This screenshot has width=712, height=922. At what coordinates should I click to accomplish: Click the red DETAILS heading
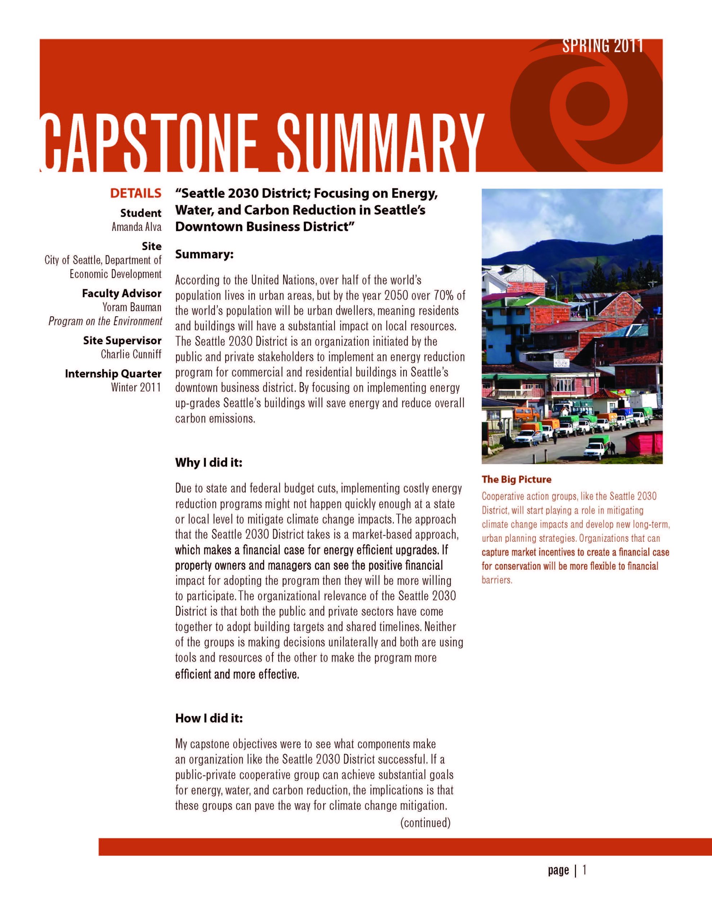(135, 193)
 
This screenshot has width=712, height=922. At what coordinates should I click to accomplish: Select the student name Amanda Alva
(136, 227)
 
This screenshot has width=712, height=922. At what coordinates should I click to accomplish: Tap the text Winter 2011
(136, 387)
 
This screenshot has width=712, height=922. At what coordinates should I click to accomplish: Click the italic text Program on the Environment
(105, 321)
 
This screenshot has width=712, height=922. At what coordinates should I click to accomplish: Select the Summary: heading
(204, 255)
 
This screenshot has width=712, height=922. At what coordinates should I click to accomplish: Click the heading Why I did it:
(208, 462)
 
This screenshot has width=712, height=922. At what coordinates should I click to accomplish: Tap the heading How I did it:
(209, 718)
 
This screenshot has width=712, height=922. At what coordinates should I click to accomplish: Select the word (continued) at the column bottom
(425, 822)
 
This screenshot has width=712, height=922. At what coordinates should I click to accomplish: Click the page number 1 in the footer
(585, 870)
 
